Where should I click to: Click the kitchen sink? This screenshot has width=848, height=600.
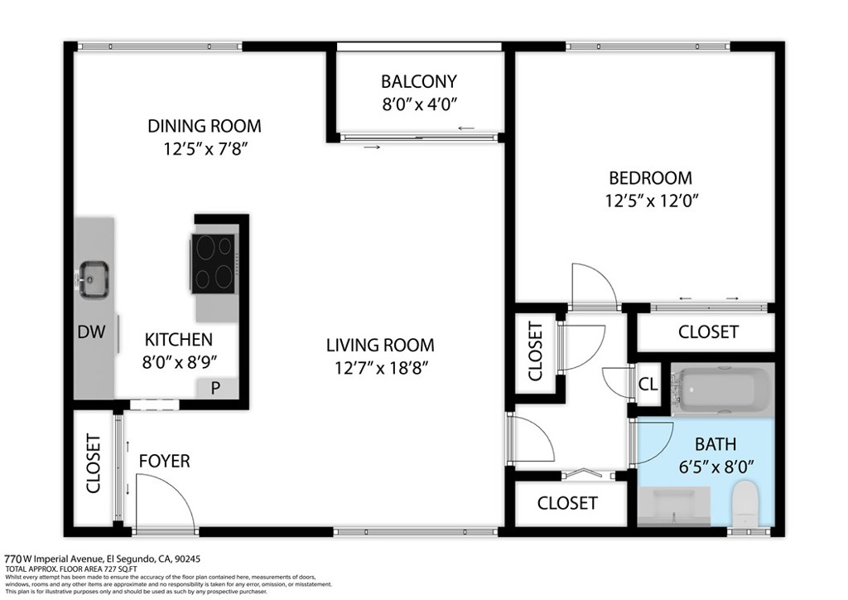click(94, 279)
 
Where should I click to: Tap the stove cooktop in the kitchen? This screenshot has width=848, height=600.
click(214, 264)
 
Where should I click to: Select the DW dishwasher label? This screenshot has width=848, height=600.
click(91, 331)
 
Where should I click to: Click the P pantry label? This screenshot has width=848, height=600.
click(215, 388)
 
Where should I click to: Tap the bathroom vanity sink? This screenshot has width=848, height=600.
click(674, 506)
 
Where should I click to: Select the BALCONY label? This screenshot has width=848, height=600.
click(418, 81)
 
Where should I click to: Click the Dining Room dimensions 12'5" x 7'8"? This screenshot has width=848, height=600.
click(205, 148)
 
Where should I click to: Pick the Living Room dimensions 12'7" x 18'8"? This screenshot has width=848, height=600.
click(381, 368)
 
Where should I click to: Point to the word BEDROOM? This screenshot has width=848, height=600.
click(650, 177)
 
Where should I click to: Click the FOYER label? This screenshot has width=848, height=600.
click(165, 461)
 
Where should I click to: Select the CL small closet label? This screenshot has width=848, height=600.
click(648, 385)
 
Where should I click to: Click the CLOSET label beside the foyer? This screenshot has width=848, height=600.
click(94, 463)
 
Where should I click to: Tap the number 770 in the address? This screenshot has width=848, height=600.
click(13, 559)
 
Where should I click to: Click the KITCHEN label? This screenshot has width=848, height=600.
click(179, 340)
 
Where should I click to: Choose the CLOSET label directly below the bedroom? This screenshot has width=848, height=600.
click(708, 331)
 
